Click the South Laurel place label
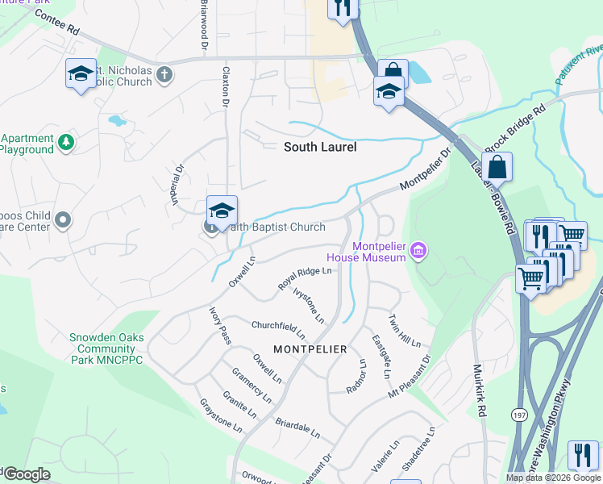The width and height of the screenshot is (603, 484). tap(320, 148)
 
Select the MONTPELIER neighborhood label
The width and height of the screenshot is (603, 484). tap(310, 349)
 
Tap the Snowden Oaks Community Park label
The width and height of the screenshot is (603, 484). tap(106, 348)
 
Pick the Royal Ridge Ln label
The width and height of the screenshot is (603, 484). tap(305, 275)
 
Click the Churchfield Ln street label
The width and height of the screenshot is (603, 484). tap(279, 329)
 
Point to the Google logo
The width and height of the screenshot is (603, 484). tap(26, 474)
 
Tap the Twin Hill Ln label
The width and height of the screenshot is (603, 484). tap(405, 331)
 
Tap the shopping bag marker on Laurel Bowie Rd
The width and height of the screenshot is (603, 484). tap(498, 168)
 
